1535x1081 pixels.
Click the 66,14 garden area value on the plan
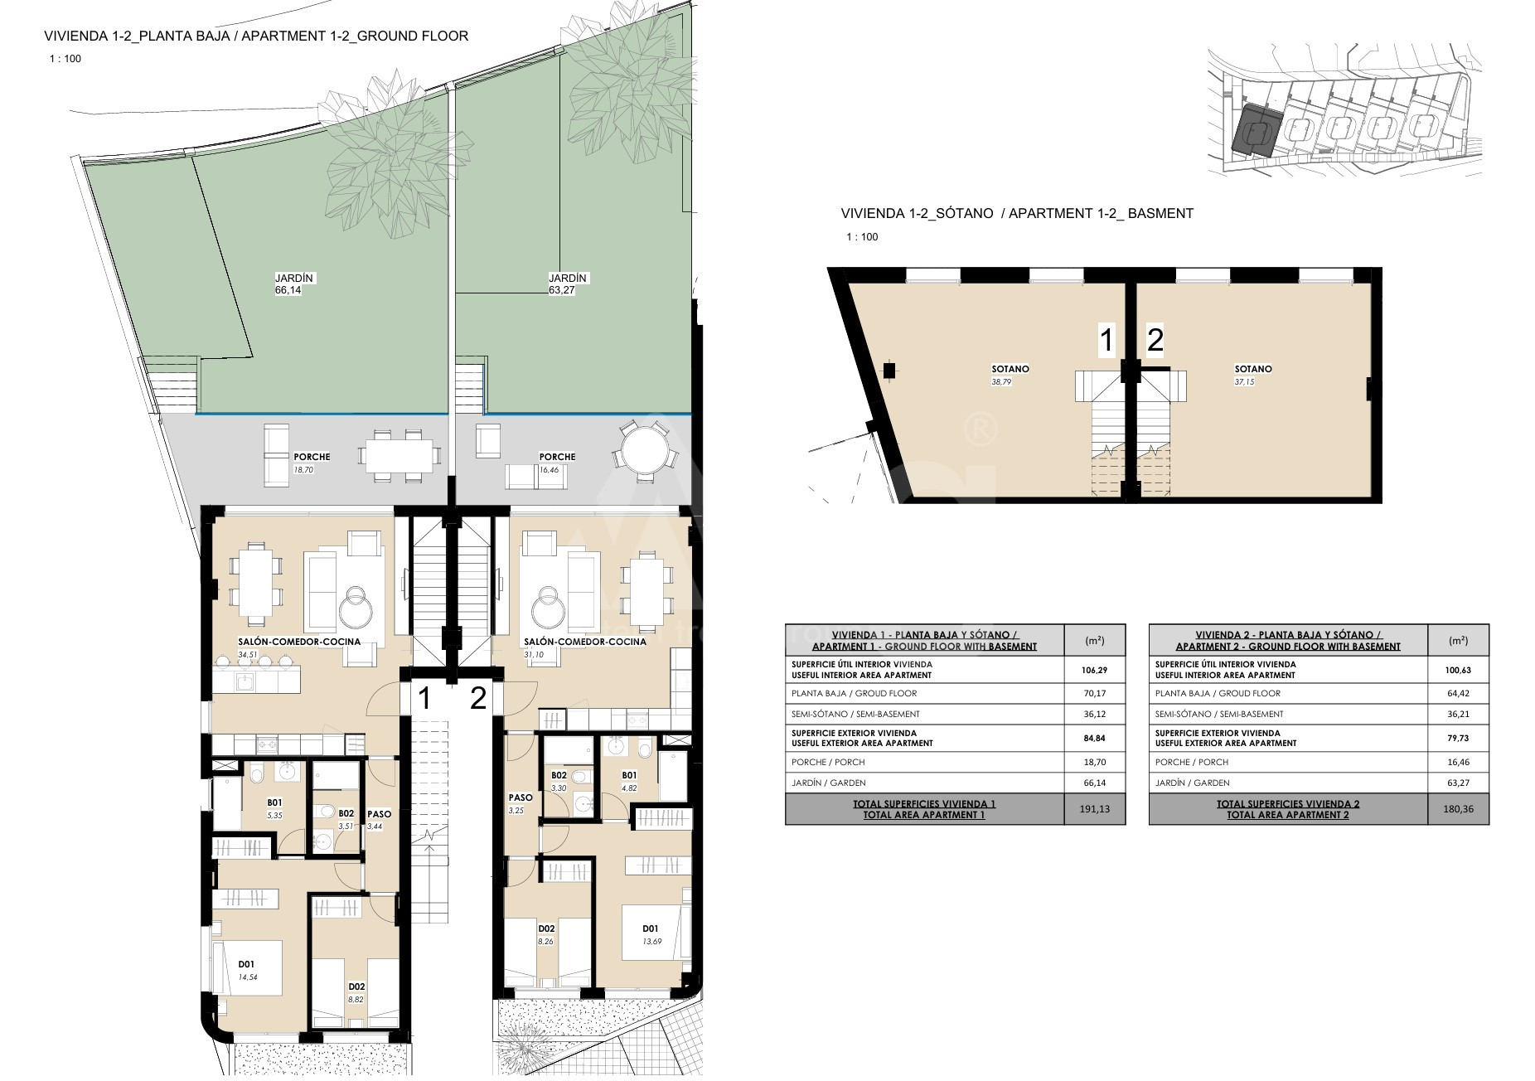click(x=288, y=290)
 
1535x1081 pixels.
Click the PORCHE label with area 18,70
click(x=312, y=457)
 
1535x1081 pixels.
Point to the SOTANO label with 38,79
click(x=1010, y=369)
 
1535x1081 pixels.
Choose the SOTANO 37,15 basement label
click(x=1253, y=369)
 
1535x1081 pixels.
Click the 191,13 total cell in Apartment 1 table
click(x=1094, y=809)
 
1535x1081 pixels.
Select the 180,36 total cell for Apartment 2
click(x=1459, y=809)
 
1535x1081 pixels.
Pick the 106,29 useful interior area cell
click(x=1094, y=670)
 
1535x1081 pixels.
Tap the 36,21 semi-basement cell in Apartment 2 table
click(x=1459, y=714)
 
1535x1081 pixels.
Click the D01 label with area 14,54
click(x=246, y=964)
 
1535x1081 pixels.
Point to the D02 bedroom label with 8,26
click(x=545, y=928)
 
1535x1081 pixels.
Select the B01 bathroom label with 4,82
click(x=629, y=776)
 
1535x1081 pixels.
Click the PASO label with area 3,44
click(x=379, y=814)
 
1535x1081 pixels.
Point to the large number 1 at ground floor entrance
click(x=424, y=699)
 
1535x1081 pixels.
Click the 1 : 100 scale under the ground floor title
click(x=65, y=59)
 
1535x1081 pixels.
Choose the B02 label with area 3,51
click(x=346, y=814)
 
